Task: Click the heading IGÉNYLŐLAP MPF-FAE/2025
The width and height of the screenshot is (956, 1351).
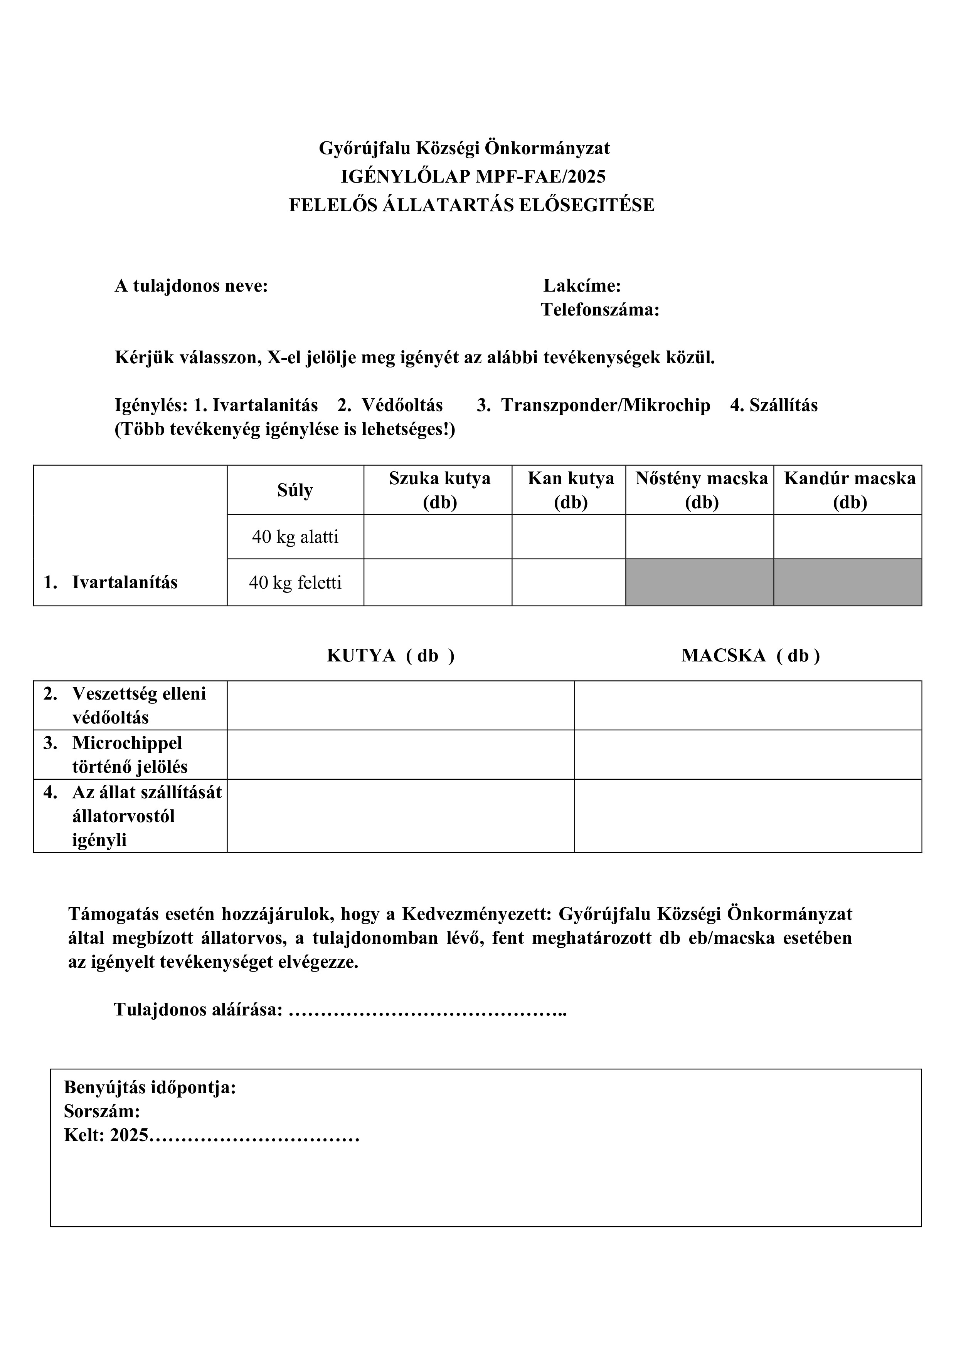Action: [473, 176]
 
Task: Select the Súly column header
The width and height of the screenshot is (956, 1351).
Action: [295, 490]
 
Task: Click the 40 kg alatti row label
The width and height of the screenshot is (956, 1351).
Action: [295, 537]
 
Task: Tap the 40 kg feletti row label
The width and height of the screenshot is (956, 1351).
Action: [295, 582]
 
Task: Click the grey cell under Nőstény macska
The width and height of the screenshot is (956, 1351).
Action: [699, 582]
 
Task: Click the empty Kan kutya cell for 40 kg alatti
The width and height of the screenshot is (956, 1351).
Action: [568, 537]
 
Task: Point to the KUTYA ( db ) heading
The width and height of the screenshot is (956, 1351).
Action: [390, 656]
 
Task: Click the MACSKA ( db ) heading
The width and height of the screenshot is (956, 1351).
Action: [750, 656]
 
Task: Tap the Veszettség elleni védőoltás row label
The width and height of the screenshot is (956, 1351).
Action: [139, 705]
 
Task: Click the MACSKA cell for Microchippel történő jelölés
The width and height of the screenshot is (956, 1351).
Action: [747, 755]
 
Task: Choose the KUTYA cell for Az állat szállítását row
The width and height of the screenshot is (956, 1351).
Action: [400, 816]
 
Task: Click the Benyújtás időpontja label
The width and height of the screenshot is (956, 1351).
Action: [150, 1088]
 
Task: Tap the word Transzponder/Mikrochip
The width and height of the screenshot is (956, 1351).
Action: [605, 405]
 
